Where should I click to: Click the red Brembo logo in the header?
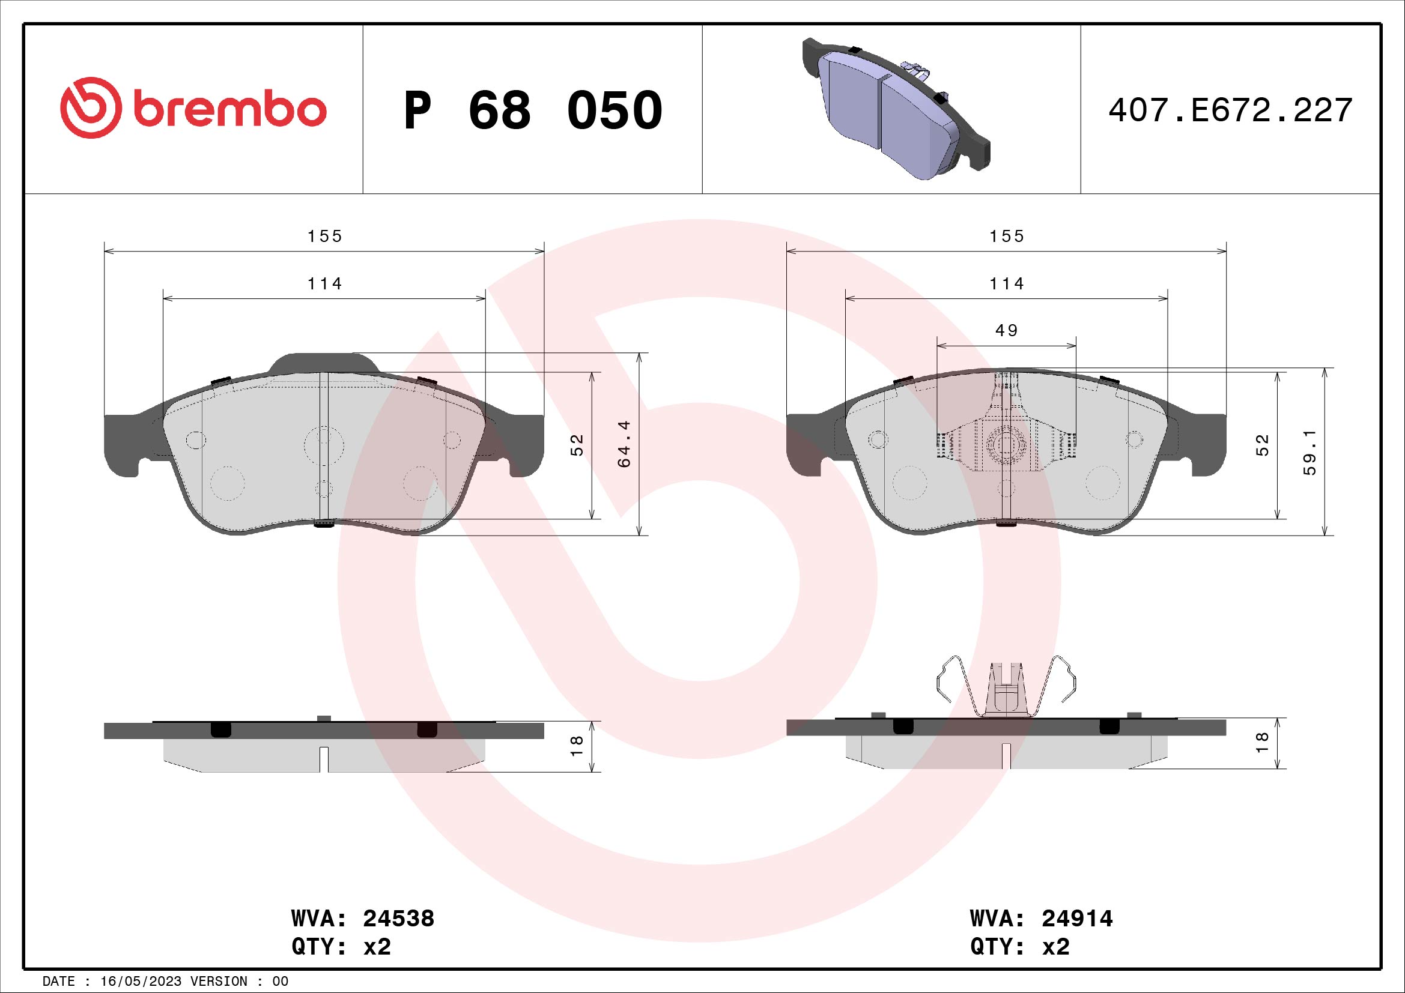(193, 108)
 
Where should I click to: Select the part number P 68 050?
(532, 110)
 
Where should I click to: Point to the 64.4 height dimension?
(624, 444)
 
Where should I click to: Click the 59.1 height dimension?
(1309, 453)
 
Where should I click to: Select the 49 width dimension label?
(1006, 331)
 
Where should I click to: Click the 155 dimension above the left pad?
(324, 236)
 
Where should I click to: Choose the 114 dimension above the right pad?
(1006, 284)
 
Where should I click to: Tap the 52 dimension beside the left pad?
(577, 444)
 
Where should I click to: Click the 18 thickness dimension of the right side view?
(1262, 742)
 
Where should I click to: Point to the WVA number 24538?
(398, 919)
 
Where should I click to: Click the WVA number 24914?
(1077, 919)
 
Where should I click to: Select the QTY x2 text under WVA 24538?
(341, 947)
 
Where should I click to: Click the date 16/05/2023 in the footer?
(141, 982)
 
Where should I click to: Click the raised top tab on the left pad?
(324, 362)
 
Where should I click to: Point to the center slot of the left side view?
(324, 759)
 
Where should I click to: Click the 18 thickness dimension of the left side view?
(577, 746)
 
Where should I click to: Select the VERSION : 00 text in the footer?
(238, 982)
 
